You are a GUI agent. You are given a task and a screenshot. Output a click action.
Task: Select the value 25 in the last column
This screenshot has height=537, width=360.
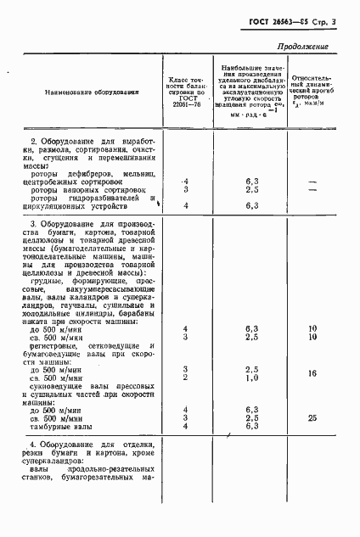click(x=312, y=417)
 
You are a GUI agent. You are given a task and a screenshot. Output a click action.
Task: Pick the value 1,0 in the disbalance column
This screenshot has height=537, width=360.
click(x=251, y=378)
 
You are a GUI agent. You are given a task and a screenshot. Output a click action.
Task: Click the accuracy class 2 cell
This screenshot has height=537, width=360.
click(x=185, y=378)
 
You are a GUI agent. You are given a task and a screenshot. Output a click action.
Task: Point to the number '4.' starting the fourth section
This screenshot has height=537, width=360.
click(x=33, y=444)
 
